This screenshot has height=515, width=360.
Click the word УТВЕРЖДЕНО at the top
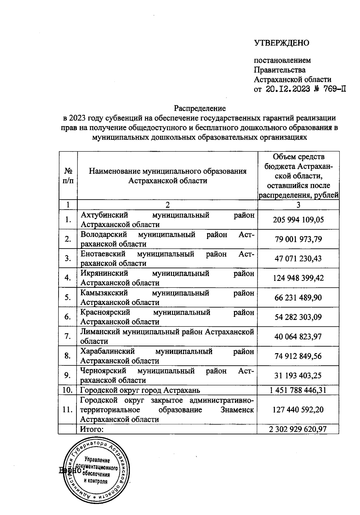(x=281, y=43)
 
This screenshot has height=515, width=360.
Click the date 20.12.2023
(x=288, y=89)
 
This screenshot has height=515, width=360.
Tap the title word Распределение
(x=200, y=108)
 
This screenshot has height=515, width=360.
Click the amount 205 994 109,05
(x=298, y=220)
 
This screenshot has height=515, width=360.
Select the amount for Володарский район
(x=298, y=239)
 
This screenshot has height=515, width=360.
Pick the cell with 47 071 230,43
(x=298, y=259)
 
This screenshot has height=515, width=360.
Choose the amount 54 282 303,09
(x=298, y=317)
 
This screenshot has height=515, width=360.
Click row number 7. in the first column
(x=68, y=336)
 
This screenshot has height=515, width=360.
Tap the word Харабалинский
(x=107, y=351)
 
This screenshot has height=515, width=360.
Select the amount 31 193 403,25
(x=298, y=375)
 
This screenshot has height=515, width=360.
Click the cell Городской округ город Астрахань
(x=140, y=390)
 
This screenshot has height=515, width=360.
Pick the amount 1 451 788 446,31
(x=298, y=390)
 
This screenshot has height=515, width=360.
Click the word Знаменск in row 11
(x=237, y=410)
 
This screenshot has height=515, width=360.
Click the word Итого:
(x=91, y=429)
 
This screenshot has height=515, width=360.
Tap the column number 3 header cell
(x=298, y=205)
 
